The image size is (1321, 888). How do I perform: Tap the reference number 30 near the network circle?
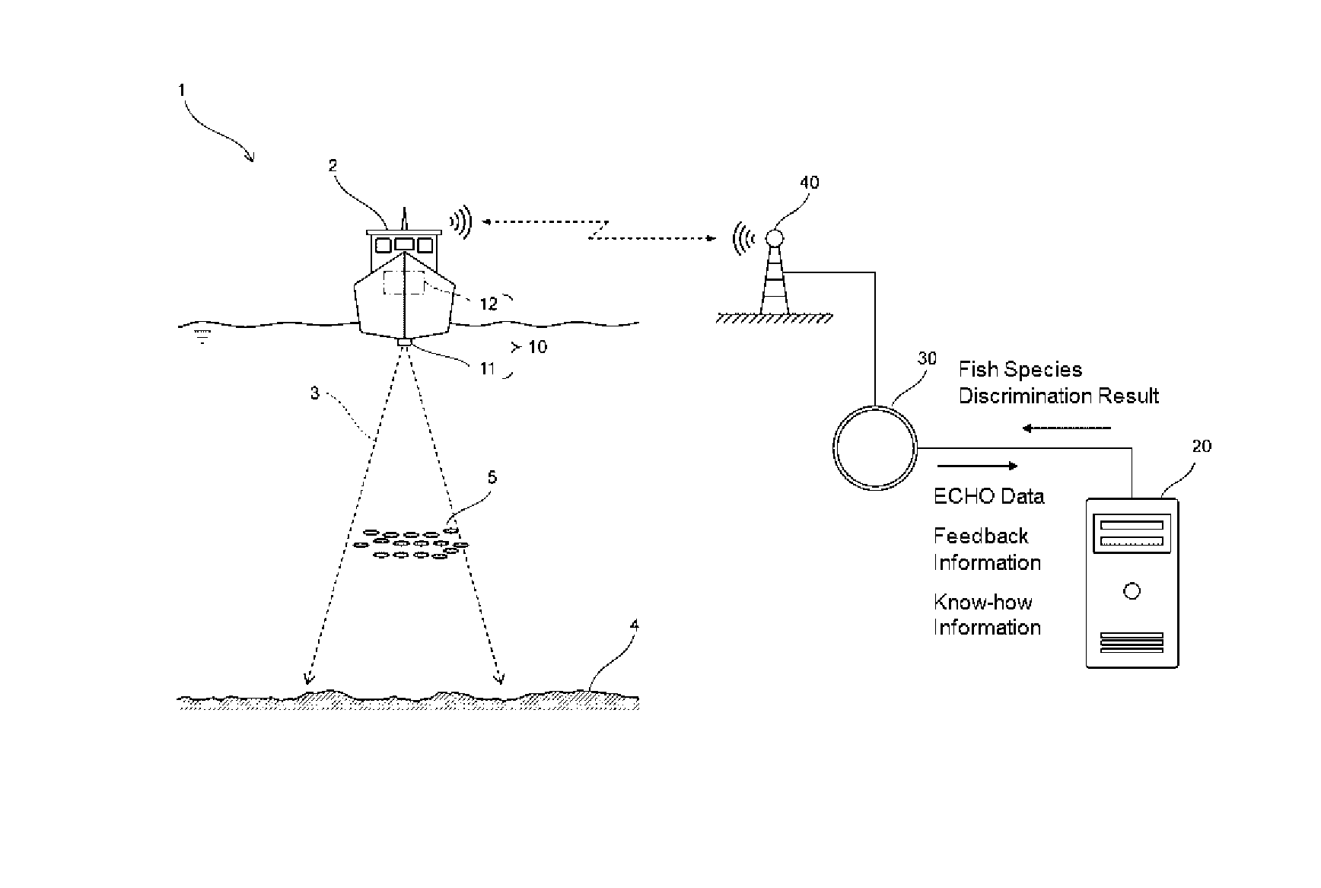click(927, 358)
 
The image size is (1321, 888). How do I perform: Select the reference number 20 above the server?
click(1201, 446)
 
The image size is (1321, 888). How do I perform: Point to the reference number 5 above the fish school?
click(492, 477)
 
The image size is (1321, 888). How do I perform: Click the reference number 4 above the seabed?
click(635, 625)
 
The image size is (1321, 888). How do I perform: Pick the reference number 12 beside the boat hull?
click(489, 304)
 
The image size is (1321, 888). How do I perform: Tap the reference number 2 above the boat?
click(333, 165)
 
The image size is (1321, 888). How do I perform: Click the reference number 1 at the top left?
click(182, 90)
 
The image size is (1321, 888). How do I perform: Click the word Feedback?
click(981, 536)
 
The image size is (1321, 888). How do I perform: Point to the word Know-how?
click(983, 602)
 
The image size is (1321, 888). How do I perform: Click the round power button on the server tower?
click(1132, 590)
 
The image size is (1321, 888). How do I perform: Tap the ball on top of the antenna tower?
click(774, 238)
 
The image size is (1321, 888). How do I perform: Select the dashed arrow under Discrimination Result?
click(1066, 428)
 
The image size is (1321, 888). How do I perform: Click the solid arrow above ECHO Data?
click(978, 466)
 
